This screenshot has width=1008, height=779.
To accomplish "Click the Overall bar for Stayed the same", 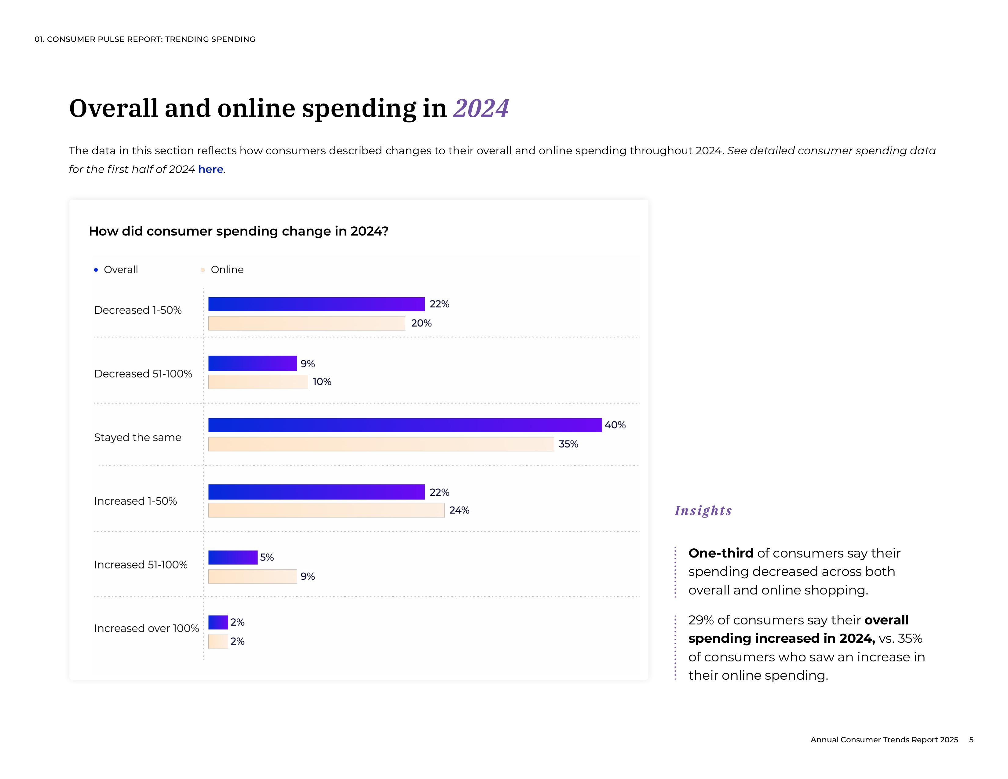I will point(405,425).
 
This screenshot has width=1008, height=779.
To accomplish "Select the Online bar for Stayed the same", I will point(381,444).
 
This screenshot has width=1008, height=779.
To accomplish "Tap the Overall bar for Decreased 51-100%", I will point(253,363).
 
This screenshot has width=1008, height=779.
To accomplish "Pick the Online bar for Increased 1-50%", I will point(326,510).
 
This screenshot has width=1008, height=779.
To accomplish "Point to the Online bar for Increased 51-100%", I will point(253,576).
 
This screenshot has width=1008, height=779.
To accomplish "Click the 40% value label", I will point(615,425).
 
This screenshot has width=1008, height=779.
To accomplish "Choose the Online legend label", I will point(227,269).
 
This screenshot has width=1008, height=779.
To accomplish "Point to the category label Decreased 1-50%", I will point(138,310).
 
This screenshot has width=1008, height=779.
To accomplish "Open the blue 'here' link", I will point(210,169).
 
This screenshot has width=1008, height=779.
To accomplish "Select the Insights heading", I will point(703,510).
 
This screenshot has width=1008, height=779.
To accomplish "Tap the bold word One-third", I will point(721,553).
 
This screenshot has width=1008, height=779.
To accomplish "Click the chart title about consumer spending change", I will point(239,231).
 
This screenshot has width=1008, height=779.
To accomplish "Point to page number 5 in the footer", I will point(971,740).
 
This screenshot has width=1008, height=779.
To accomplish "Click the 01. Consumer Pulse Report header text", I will point(145,39).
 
